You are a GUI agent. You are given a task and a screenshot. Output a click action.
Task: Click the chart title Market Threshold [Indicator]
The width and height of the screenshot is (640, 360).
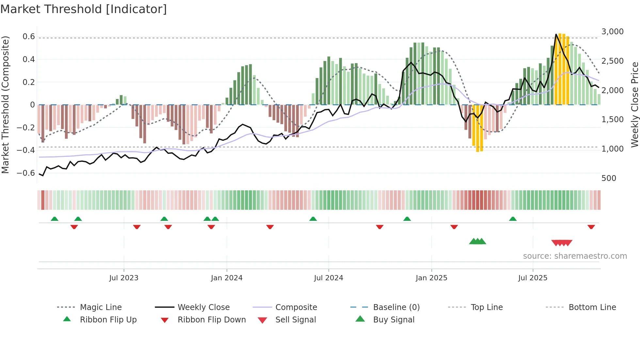click(x=84, y=9)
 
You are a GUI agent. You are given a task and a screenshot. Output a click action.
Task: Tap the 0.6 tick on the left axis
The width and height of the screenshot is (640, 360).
click(x=29, y=37)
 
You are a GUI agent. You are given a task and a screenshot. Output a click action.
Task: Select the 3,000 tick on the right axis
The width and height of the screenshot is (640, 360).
click(x=612, y=32)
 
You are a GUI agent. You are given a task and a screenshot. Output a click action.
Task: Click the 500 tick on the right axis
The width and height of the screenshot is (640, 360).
click(x=609, y=178)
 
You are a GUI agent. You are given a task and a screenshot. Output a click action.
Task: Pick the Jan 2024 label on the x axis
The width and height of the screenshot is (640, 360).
click(x=227, y=278)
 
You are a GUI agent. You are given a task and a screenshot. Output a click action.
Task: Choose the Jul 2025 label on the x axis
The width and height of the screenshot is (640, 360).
click(x=533, y=278)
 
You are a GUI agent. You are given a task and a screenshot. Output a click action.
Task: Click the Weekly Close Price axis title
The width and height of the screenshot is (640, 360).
click(x=634, y=105)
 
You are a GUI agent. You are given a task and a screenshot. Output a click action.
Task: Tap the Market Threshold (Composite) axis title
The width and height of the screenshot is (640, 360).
click(x=5, y=105)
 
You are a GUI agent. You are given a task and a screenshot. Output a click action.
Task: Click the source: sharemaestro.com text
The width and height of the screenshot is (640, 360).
click(x=575, y=256)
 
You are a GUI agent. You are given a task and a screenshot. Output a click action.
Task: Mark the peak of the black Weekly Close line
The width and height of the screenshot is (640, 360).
click(x=556, y=34)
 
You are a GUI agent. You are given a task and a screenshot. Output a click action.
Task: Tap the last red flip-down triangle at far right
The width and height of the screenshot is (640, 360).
click(x=591, y=227)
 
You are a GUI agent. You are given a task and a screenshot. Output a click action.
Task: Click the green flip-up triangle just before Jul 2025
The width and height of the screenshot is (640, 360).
click(x=513, y=219)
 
